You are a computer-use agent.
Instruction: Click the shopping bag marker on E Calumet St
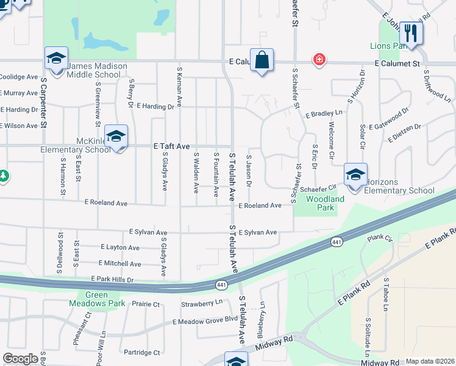(262, 60)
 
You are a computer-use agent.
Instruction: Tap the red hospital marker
(318, 60)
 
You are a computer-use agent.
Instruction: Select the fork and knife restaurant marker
(411, 34)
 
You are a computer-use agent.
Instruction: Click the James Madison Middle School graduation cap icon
(55, 59)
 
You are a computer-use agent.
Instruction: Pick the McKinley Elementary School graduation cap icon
(116, 137)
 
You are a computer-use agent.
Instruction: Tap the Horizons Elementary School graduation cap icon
(355, 175)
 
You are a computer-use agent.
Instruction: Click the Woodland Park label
(325, 203)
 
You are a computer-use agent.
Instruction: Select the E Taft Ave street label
(172, 146)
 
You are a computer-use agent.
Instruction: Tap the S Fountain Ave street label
(216, 174)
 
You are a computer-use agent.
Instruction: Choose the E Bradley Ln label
(324, 113)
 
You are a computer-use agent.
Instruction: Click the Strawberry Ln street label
(202, 303)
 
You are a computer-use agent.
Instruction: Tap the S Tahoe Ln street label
(385, 294)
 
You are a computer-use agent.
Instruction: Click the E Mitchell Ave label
(119, 264)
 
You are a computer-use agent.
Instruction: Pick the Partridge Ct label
(141, 353)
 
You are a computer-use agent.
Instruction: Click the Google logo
(21, 359)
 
